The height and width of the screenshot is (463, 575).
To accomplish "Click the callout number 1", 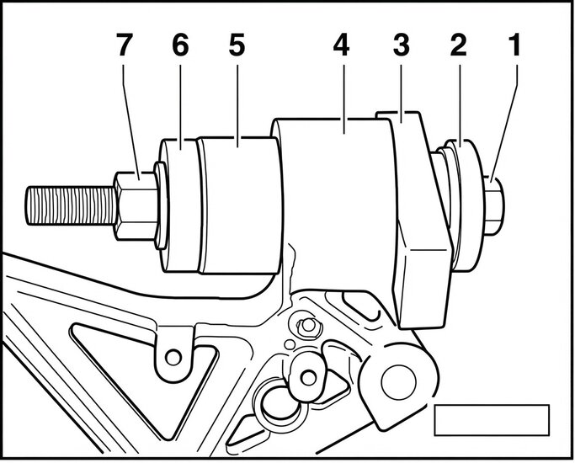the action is [x=516, y=45].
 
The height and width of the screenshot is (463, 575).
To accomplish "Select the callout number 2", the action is [x=458, y=45].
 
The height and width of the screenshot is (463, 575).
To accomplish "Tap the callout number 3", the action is [x=402, y=45].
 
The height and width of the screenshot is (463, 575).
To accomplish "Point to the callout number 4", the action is [x=342, y=45].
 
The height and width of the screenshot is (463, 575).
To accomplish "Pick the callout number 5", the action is [x=237, y=45].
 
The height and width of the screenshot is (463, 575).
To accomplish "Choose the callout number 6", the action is [x=180, y=45].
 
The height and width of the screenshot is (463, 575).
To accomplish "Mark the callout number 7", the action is [x=124, y=45].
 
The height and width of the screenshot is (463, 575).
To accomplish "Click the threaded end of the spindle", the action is [x=71, y=205].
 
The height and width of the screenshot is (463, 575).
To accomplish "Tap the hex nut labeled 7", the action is [x=135, y=206].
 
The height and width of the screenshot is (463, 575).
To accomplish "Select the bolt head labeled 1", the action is [x=494, y=205].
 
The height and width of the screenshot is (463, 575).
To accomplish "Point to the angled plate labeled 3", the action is [x=422, y=220].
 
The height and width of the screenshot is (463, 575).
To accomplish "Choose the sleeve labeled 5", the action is [x=240, y=205].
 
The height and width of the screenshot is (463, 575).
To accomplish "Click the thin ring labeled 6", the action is [x=179, y=205].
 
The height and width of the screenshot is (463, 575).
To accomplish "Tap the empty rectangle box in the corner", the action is [x=492, y=420].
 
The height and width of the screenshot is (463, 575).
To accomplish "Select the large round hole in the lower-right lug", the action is [x=398, y=382].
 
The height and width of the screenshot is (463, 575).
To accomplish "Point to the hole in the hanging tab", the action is [x=173, y=357].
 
